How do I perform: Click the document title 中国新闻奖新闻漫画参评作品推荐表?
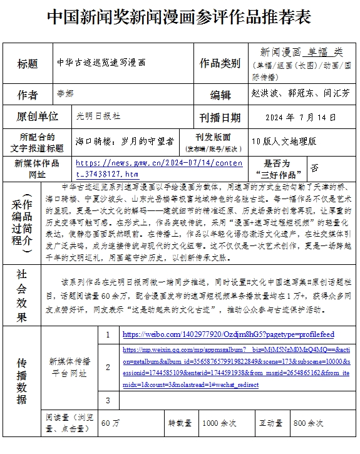(179, 17)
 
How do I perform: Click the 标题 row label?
(28, 63)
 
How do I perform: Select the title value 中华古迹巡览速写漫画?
(101, 63)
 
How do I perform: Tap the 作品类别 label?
(219, 63)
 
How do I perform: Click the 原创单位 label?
(38, 116)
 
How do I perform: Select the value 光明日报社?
(98, 116)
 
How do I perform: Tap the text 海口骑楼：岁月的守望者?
(125, 142)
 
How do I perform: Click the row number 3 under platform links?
(108, 400)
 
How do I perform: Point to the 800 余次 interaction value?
(308, 423)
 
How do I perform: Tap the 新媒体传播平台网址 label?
(69, 368)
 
